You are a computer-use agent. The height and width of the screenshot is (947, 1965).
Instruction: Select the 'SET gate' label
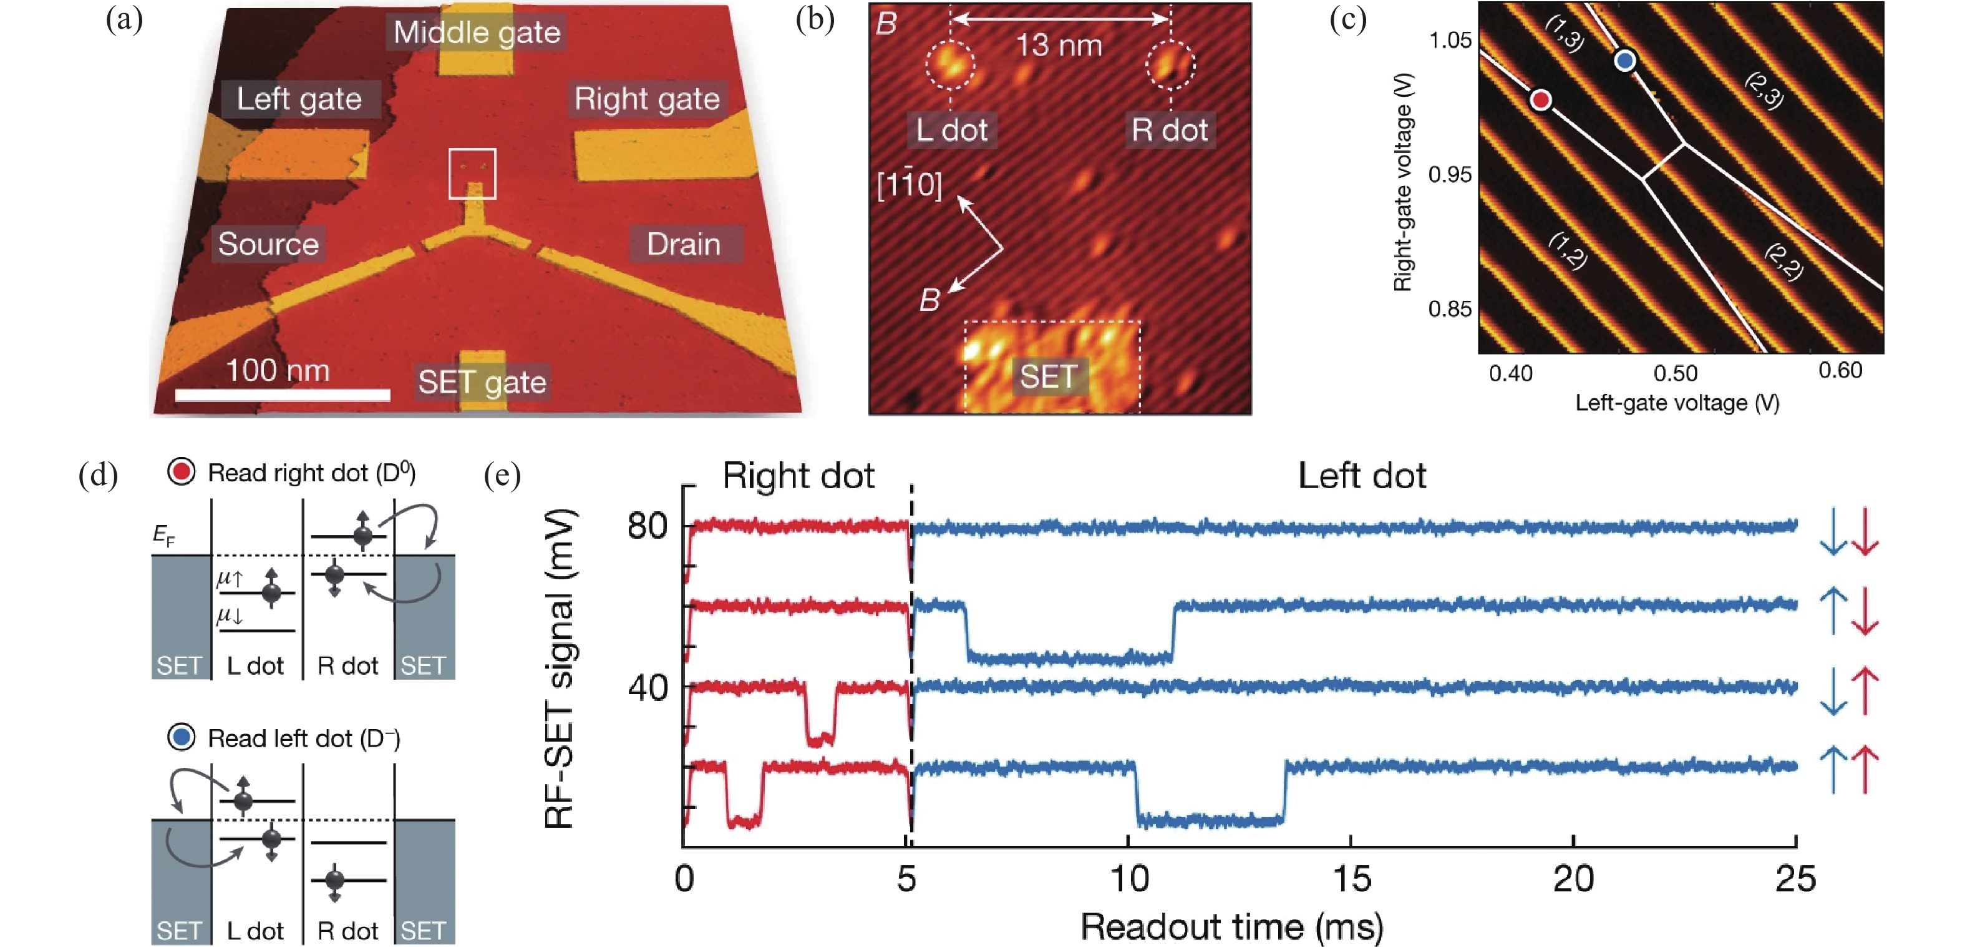tap(482, 381)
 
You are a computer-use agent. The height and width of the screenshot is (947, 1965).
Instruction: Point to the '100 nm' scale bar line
tap(282, 395)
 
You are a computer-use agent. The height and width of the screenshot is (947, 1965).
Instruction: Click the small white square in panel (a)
tap(472, 173)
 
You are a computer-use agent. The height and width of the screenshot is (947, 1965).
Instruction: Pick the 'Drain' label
tap(684, 244)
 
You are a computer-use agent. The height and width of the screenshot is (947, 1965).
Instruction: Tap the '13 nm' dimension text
tap(1059, 46)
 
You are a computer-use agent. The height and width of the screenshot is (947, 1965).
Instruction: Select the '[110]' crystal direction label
tap(910, 184)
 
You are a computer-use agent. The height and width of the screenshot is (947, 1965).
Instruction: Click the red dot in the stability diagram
tap(1541, 100)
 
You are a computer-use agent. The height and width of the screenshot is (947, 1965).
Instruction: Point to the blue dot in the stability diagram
tap(1625, 61)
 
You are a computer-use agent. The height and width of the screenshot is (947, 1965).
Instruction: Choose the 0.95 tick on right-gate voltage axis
tap(1449, 175)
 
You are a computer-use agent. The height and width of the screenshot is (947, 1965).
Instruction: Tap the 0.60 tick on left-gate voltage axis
tap(1840, 371)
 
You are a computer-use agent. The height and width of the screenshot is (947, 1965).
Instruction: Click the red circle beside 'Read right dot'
tap(182, 471)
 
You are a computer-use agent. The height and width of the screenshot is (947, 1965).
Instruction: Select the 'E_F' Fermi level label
tap(164, 536)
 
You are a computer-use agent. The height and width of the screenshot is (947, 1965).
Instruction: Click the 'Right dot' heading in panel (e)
tap(798, 476)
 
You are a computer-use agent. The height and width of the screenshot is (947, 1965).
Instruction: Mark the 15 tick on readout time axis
tap(1351, 878)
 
